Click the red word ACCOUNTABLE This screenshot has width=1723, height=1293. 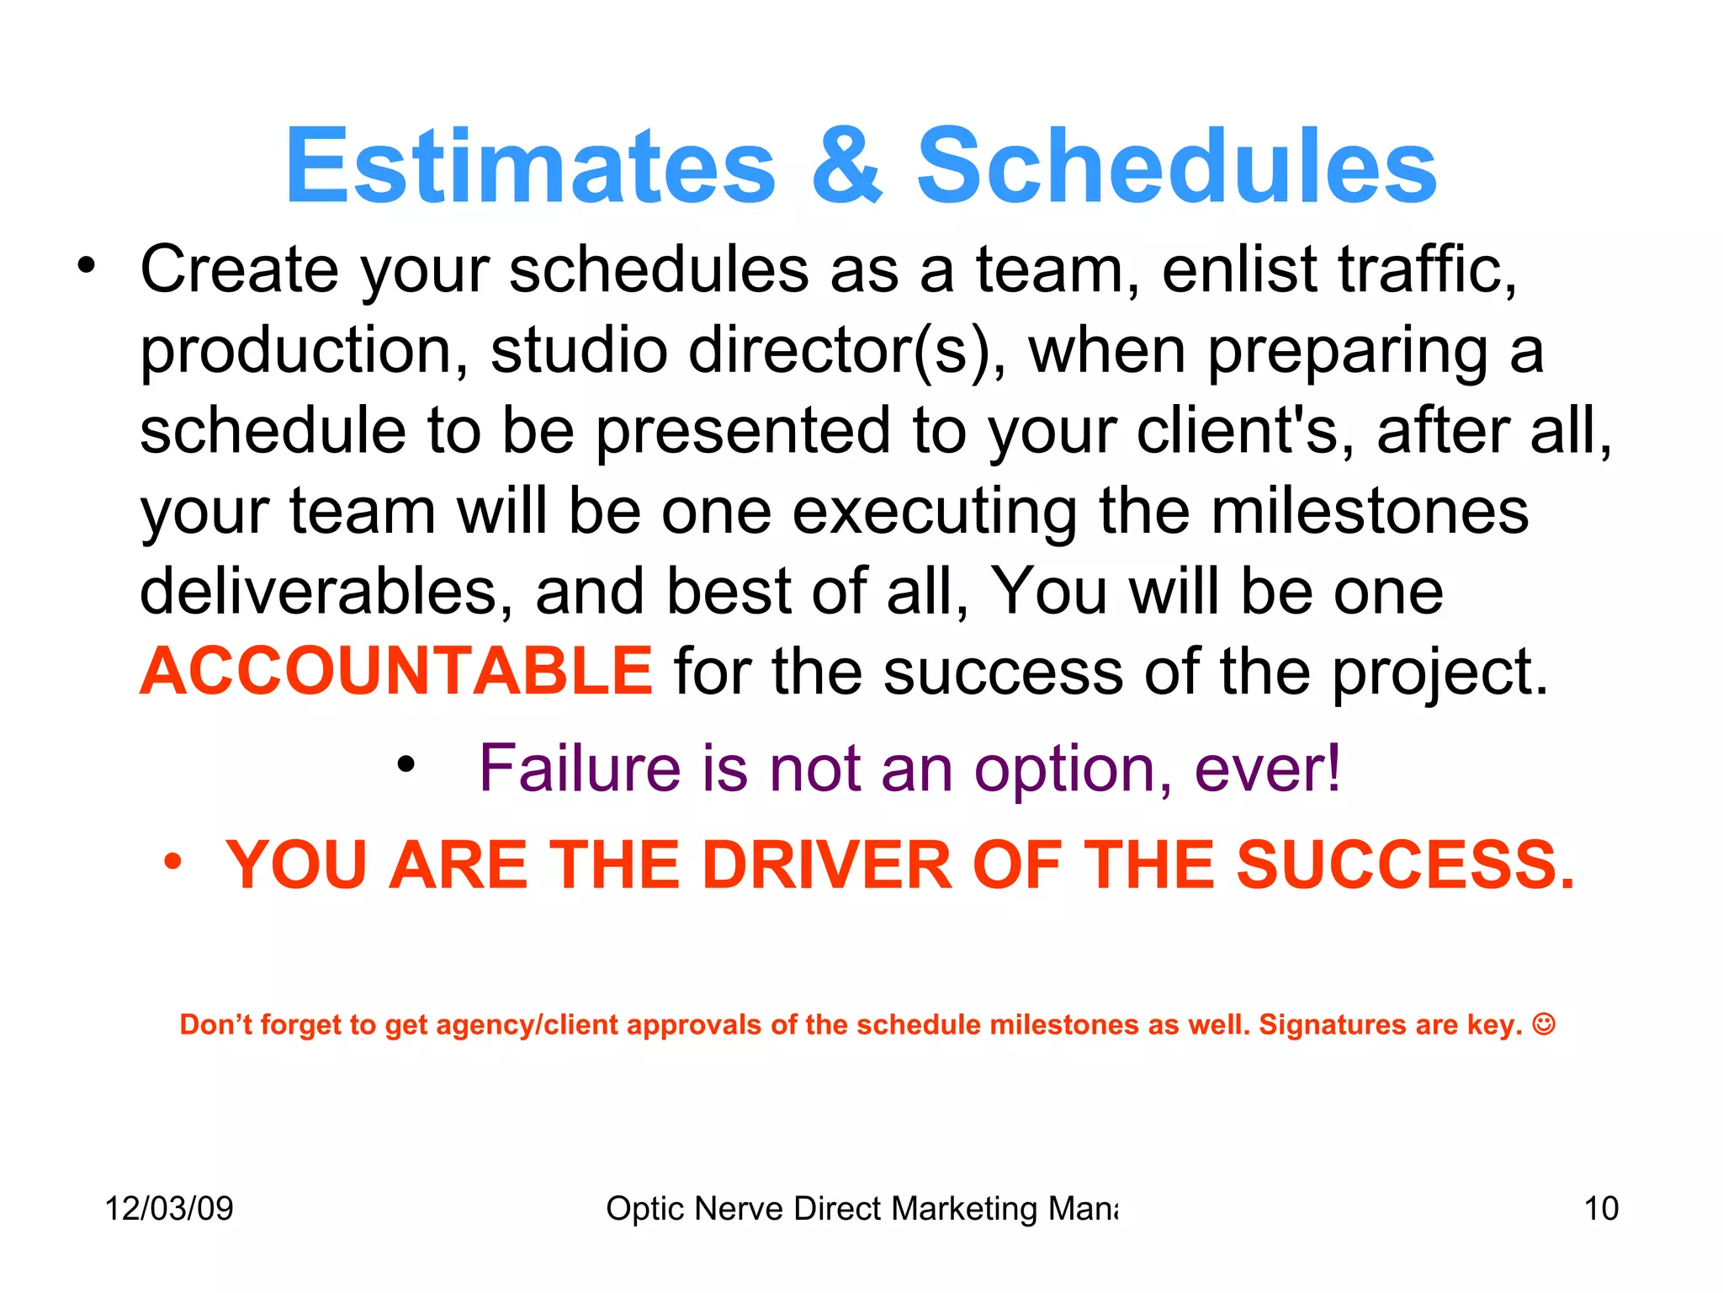[x=396, y=671]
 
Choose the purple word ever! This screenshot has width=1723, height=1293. [x=1267, y=769]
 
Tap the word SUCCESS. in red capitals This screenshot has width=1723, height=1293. [x=1405, y=865]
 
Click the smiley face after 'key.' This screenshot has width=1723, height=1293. [x=1544, y=1024]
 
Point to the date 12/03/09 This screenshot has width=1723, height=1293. [x=169, y=1209]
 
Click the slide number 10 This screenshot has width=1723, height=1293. [x=1601, y=1209]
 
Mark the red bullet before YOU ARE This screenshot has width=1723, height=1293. [x=172, y=861]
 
